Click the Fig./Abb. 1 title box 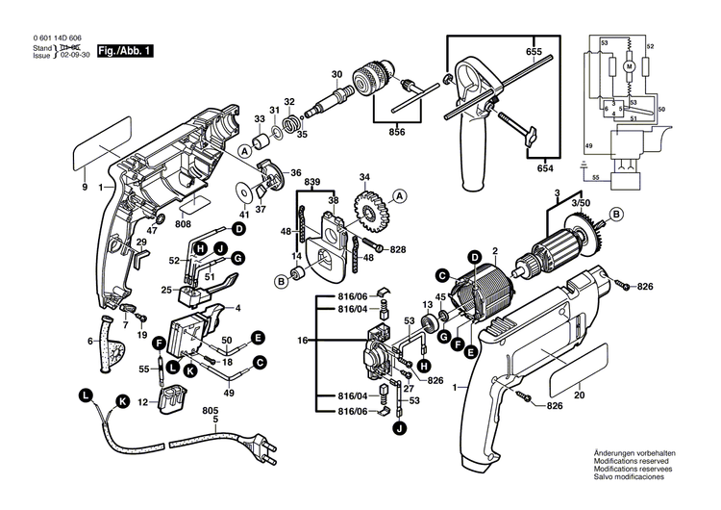pyautogui.click(x=124, y=49)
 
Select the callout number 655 pyautogui.click(x=533, y=51)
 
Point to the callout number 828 pyautogui.click(x=397, y=249)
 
